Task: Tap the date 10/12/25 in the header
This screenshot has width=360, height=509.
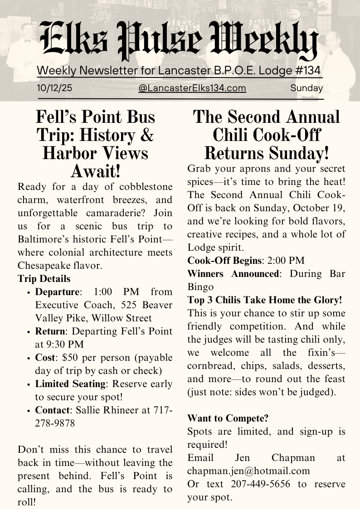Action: tap(54, 88)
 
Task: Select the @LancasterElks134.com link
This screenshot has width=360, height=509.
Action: tap(192, 88)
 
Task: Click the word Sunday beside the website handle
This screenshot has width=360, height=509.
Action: tap(306, 88)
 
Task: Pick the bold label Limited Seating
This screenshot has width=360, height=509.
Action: tap(71, 384)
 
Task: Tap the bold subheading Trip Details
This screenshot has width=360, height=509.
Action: tap(44, 278)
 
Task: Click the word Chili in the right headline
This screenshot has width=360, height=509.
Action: tap(239, 135)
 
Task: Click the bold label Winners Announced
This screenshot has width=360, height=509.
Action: tap(234, 274)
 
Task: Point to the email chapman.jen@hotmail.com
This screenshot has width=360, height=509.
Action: tap(248, 471)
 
